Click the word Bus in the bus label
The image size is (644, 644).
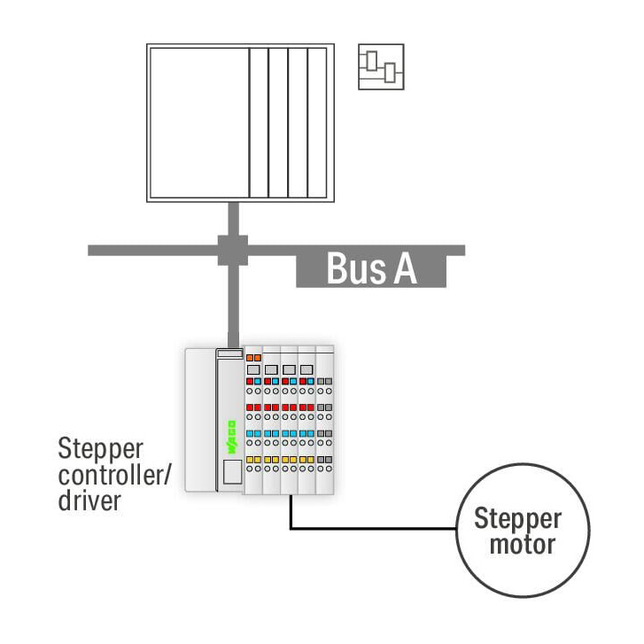356,268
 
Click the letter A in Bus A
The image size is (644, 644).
405,268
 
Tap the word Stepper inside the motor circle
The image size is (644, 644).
517,519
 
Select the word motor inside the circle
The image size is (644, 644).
523,545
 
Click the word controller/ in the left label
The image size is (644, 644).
113,475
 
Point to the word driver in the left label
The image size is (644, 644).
89,500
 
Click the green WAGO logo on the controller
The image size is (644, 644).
231,437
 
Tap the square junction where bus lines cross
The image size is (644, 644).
233,250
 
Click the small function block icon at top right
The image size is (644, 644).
381,66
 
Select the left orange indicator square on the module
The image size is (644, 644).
250,358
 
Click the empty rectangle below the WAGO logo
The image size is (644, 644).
232,472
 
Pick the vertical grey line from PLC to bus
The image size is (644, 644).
233,219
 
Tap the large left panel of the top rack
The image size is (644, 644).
199,123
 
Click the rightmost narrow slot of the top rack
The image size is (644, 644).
317,123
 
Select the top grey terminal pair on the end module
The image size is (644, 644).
324,382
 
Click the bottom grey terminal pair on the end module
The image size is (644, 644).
324,460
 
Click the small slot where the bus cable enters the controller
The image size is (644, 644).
230,353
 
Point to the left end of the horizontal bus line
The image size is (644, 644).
89,250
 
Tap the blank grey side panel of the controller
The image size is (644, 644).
200,420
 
